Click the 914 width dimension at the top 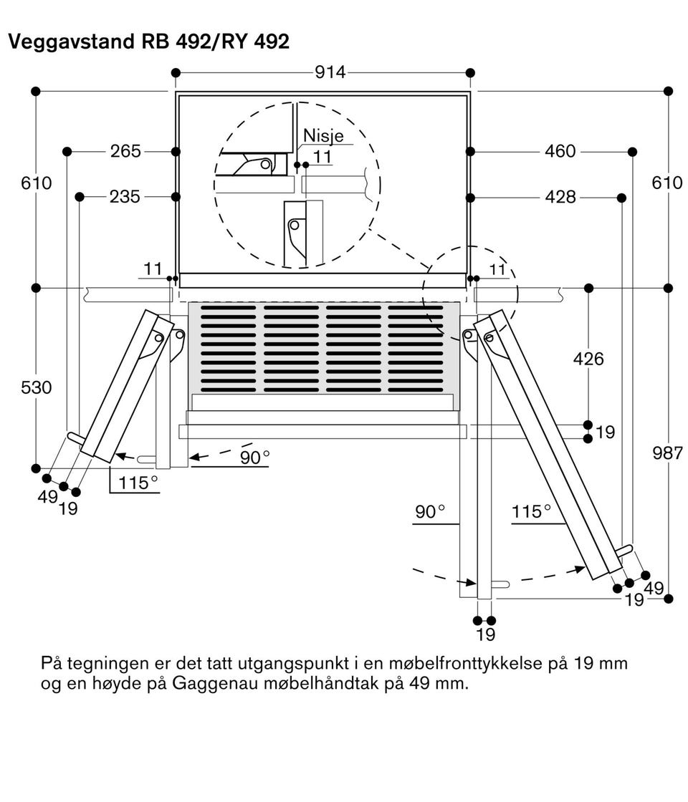[330, 72]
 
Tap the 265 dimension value [125, 151]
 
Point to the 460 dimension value [560, 151]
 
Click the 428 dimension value [560, 197]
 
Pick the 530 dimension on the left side [37, 387]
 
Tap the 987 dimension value [668, 452]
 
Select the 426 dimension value [588, 359]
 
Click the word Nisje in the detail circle [323, 135]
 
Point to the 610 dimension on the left [37, 183]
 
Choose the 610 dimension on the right [667, 183]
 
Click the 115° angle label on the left [138, 483]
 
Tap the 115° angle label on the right [532, 512]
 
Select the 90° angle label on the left [255, 457]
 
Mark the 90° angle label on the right [430, 512]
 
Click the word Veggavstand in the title [65, 42]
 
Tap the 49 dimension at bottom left [47, 496]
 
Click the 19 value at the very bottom [485, 634]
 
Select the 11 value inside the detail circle [322, 156]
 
